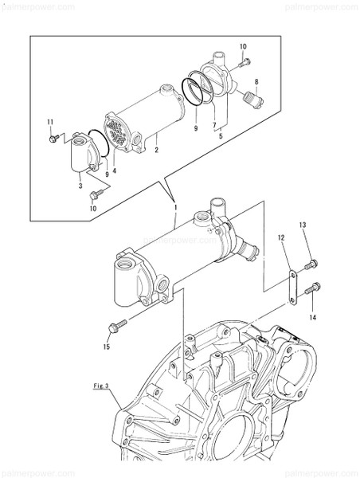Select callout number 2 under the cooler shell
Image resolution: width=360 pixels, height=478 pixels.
tap(157, 149)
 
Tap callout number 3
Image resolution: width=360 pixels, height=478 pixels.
tap(80, 185)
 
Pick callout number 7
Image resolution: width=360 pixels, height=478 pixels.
tap(213, 126)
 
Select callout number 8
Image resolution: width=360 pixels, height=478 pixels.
tap(256, 82)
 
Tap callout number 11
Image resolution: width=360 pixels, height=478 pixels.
tap(49, 121)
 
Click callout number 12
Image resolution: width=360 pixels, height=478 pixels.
tap(281, 237)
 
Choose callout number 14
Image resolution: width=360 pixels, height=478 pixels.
tap(312, 317)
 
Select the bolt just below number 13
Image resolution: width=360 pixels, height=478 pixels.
tap(311, 262)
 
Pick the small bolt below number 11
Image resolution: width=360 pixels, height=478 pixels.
tap(53, 139)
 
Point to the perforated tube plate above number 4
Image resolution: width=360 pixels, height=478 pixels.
tap(119, 136)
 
